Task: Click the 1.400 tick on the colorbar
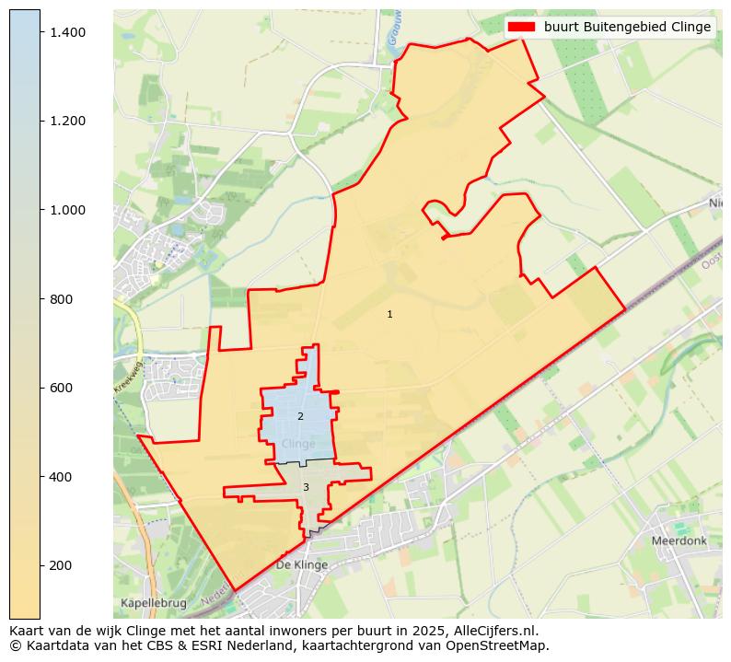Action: point(66,32)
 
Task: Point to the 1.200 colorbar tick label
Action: point(66,121)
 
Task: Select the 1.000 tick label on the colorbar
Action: point(66,210)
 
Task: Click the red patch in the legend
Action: point(522,27)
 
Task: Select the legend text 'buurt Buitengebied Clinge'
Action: point(627,27)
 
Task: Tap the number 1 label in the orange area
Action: point(389,315)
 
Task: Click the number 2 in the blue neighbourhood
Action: point(300,417)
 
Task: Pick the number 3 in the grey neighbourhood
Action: point(306,488)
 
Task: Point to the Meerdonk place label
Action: point(679,541)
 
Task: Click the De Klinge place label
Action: point(301,565)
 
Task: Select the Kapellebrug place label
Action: point(153,603)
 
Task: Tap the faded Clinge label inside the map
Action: point(298,444)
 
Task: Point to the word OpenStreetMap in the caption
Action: point(503,645)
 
